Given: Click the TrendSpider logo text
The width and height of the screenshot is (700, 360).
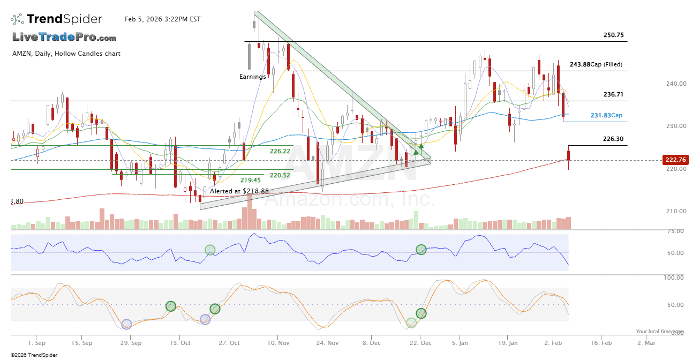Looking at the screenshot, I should point(64,19).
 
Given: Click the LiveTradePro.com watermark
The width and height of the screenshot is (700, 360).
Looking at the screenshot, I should point(64,37).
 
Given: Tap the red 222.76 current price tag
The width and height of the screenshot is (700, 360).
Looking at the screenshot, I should point(675,160).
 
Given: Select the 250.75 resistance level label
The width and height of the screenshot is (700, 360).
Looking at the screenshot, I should point(613,35).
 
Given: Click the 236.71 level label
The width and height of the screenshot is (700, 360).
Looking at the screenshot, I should point(613,94).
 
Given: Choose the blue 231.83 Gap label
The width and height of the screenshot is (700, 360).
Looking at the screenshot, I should point(606,115).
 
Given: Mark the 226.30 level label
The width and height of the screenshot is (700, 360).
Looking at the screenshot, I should point(613,139).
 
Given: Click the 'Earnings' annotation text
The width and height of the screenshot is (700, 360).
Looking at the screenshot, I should point(252,77).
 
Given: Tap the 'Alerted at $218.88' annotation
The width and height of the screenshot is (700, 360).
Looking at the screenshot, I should point(239,191).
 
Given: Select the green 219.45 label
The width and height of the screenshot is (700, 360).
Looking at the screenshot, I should point(250,180).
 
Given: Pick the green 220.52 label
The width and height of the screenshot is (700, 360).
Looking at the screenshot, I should point(280,175).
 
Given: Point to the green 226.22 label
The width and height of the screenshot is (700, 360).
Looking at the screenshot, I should point(280,151).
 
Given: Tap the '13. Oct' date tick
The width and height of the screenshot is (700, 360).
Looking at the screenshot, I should point(180,342).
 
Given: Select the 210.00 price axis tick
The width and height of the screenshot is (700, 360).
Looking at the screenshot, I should point(676,211).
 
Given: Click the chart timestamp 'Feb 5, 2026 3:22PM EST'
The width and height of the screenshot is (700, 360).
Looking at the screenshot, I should point(162,19).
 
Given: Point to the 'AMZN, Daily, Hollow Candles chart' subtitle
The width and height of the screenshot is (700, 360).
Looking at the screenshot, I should point(66,54).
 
